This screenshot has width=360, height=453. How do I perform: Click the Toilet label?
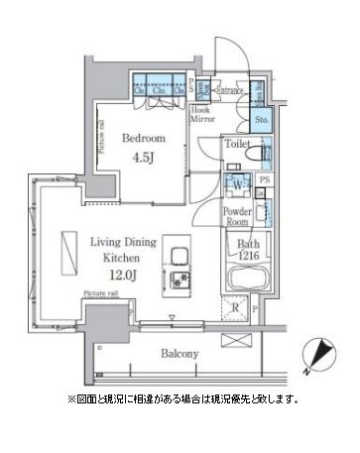[x=236, y=145]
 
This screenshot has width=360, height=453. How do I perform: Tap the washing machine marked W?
[x=239, y=184]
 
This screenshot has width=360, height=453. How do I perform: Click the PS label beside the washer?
[x=264, y=178]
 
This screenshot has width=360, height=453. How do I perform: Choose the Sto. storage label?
[x=262, y=121]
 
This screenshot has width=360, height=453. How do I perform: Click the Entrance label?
[x=231, y=91]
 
